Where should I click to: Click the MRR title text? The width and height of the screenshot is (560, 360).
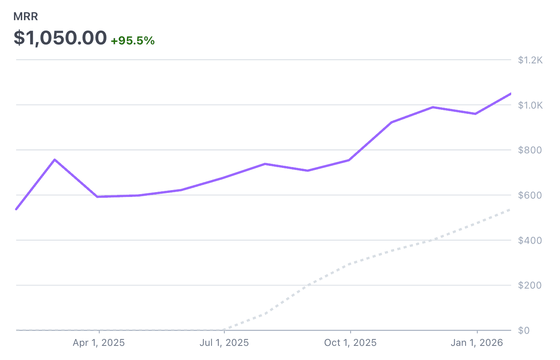(26, 17)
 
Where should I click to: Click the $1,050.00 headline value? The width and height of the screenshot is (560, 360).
(60, 38)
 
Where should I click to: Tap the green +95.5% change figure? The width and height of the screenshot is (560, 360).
(133, 41)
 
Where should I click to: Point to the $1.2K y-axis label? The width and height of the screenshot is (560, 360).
(530, 61)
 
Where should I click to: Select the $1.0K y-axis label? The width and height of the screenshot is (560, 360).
(530, 105)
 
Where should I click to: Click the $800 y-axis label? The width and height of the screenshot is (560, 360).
(530, 151)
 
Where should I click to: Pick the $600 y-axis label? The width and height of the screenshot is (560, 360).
(530, 195)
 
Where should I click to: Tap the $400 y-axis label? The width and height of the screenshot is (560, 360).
(530, 241)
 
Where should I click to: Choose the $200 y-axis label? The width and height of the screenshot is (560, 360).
(530, 285)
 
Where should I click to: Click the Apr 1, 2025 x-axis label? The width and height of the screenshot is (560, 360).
(99, 343)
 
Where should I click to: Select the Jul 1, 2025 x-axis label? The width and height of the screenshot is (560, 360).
(224, 343)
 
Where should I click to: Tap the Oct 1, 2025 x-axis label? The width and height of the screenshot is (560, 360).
(350, 343)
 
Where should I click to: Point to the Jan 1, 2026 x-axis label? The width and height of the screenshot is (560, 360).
(477, 343)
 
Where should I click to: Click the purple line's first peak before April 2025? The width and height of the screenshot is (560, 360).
(55, 160)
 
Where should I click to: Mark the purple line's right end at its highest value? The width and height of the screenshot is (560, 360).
(510, 94)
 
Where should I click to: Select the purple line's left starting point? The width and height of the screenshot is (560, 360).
(16, 209)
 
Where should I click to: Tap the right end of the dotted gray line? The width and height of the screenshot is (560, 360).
(510, 209)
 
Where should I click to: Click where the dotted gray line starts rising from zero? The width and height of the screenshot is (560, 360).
(224, 329)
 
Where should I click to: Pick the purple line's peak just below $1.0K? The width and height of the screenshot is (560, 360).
(433, 107)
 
